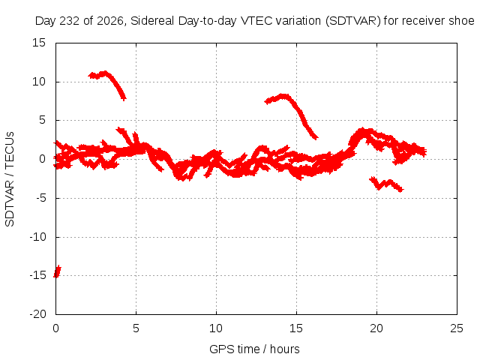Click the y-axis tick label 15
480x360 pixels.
click(39, 43)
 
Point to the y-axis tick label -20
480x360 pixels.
click(37, 314)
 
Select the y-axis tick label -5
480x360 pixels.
click(41, 198)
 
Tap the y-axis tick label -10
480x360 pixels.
click(37, 237)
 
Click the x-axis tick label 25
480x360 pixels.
click(457, 328)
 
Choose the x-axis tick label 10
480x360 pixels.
click(216, 328)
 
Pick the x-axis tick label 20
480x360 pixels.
click(376, 328)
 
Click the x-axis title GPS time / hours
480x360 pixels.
click(254, 349)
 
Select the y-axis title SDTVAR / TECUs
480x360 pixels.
click(10, 179)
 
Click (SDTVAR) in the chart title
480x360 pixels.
click(353, 21)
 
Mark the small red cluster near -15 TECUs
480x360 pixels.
click(57, 271)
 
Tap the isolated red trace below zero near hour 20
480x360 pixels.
click(386, 184)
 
